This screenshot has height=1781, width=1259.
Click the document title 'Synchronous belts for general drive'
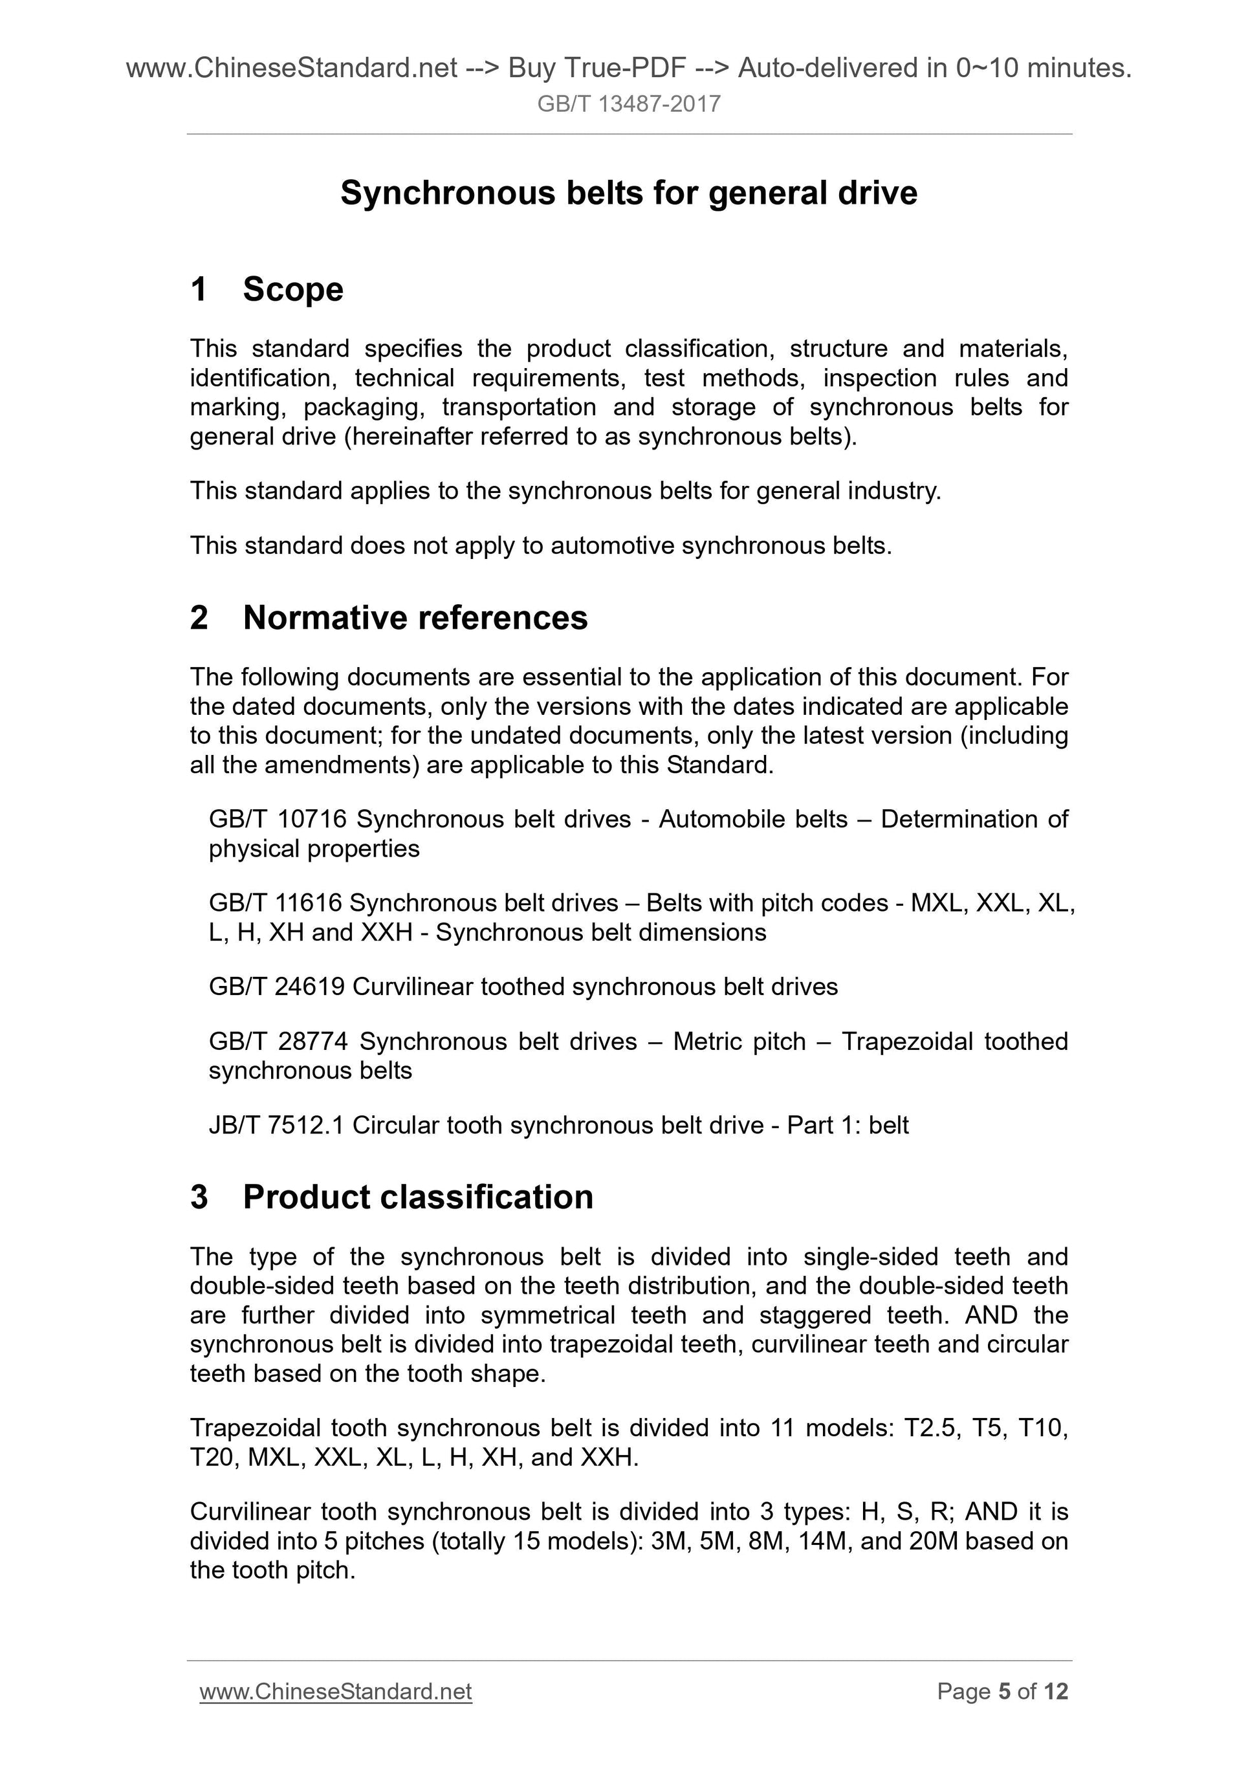(628, 193)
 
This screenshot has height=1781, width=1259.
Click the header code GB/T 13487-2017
(628, 104)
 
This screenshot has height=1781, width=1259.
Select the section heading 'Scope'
(292, 289)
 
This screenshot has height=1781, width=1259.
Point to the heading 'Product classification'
(418, 1197)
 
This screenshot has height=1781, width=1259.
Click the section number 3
(199, 1197)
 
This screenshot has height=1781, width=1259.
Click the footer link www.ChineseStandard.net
(336, 1692)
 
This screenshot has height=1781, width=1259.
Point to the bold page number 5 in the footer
(1005, 1692)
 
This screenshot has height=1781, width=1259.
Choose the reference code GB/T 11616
(276, 903)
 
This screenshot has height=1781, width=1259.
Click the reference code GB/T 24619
(277, 987)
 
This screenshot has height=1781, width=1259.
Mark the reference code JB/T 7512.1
(276, 1125)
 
